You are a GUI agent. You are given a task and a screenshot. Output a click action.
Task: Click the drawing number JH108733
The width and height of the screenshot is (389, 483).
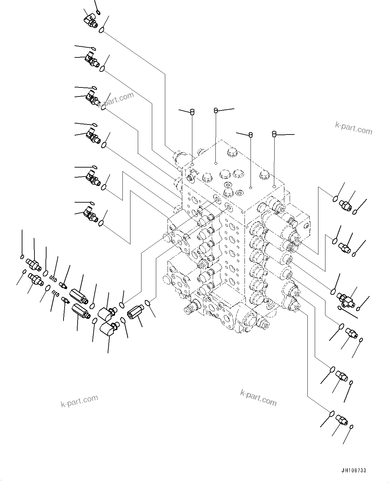click(354, 471)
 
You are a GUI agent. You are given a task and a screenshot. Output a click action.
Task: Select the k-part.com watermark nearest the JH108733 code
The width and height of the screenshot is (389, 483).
click(259, 398)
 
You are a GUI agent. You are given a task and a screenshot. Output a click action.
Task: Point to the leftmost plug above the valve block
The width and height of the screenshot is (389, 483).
click(192, 112)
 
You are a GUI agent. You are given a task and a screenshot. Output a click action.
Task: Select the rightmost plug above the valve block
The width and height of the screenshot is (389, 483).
click(274, 134)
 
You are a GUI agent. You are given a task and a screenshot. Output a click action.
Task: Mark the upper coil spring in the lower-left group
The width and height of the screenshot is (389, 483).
click(52, 277)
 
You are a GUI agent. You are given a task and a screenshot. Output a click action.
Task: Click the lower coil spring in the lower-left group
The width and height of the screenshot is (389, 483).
click(56, 294)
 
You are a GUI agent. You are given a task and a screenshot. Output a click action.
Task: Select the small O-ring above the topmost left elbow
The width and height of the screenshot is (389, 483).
click(98, 13)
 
